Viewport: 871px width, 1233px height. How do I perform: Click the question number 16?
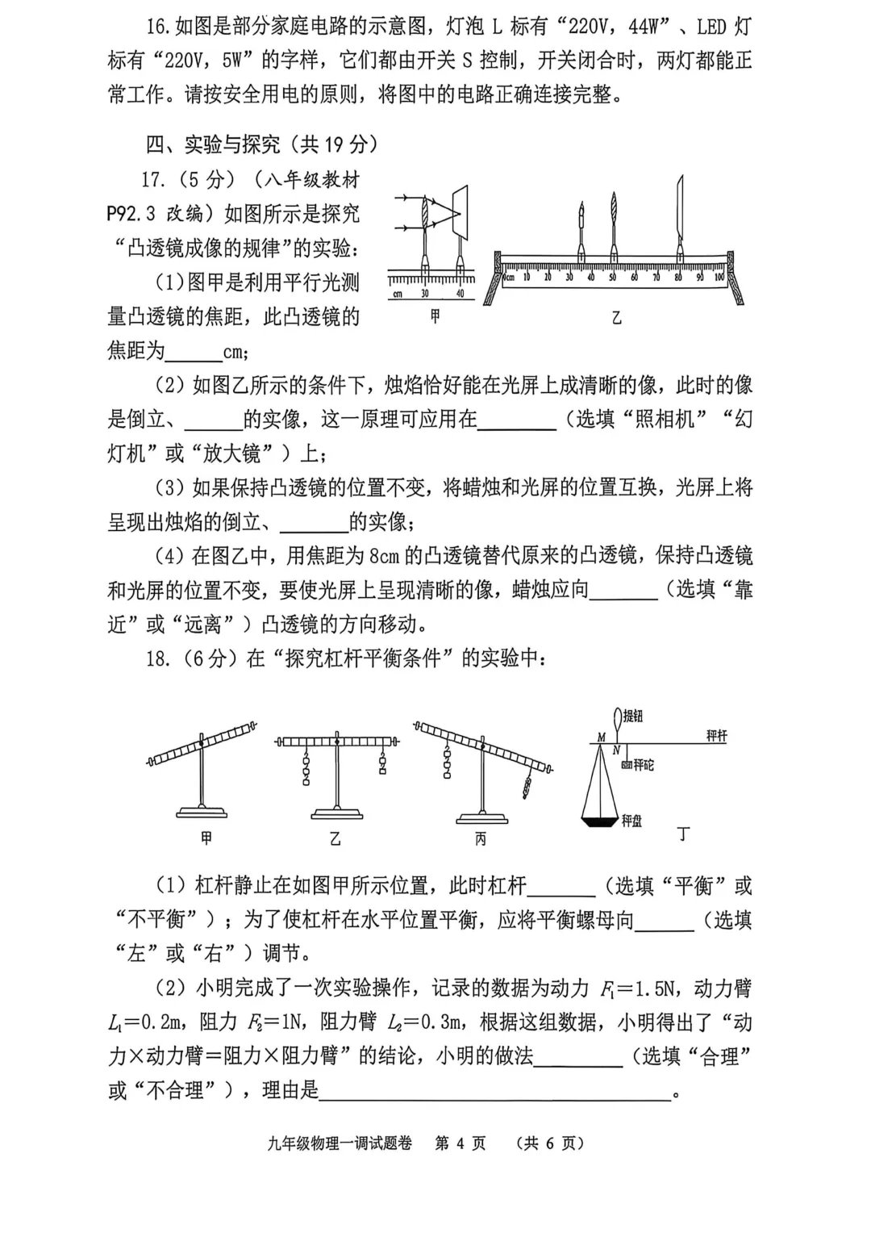(158, 26)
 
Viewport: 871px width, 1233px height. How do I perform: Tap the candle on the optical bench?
(581, 234)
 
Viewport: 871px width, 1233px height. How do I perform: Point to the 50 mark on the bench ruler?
(612, 277)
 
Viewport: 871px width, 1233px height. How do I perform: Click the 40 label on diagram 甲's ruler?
(461, 294)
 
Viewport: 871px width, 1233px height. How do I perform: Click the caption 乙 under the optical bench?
(616, 318)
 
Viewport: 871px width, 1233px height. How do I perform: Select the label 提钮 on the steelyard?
(632, 716)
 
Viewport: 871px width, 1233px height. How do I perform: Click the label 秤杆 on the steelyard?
(716, 736)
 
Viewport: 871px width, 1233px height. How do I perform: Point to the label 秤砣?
(642, 764)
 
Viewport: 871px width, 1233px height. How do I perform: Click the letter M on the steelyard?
(602, 738)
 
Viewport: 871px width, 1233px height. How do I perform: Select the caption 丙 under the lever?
(480, 839)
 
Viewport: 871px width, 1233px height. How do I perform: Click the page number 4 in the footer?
(461, 1143)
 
